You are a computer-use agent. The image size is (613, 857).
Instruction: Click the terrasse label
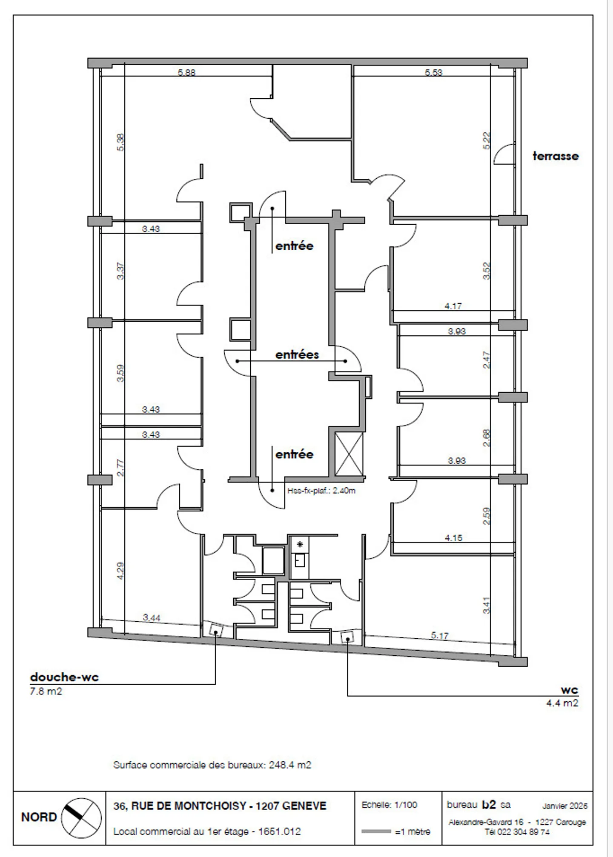(x=556, y=156)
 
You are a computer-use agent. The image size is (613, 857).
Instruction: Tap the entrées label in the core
(x=297, y=354)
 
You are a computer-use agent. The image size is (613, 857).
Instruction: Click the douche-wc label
(x=64, y=677)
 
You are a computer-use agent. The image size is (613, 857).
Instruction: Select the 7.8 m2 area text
(x=46, y=691)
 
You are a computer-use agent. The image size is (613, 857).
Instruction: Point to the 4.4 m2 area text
(x=562, y=703)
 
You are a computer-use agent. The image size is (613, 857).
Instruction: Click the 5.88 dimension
(x=186, y=72)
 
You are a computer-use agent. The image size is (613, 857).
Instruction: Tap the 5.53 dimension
(x=433, y=72)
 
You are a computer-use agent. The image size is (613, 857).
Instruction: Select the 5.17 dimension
(x=440, y=636)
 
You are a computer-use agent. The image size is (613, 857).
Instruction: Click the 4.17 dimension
(x=453, y=306)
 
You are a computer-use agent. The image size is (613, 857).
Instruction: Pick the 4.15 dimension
(x=453, y=538)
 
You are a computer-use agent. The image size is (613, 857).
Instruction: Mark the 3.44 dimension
(x=152, y=617)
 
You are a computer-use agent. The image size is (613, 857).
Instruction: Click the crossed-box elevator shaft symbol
(x=349, y=454)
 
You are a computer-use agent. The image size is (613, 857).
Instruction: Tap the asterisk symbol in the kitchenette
(x=300, y=544)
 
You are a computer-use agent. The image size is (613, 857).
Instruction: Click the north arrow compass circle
(x=81, y=817)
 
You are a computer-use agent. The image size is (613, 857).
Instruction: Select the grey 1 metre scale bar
(x=376, y=831)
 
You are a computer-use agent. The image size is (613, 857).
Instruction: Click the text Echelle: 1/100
(x=389, y=805)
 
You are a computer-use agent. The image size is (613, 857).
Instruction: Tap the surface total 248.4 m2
(x=290, y=765)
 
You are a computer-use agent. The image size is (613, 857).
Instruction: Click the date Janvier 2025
(x=564, y=806)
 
